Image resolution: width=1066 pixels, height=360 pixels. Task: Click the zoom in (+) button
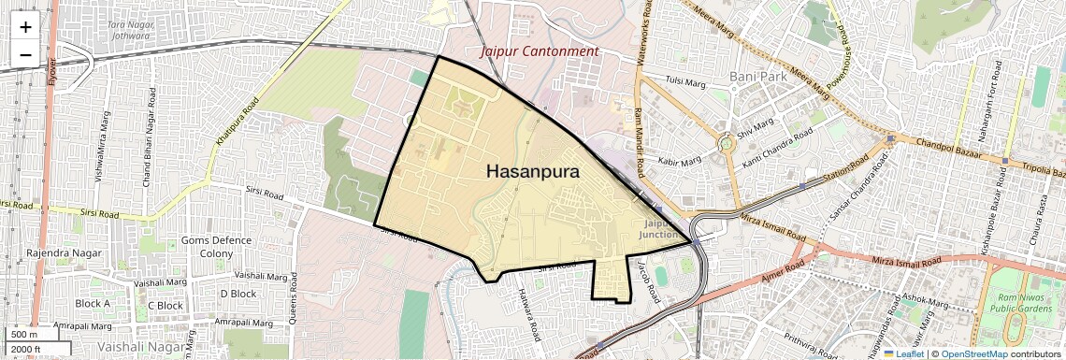click(x=25, y=27)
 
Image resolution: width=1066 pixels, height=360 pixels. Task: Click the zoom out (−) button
click(x=25, y=54)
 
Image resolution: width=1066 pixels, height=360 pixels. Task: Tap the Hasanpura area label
click(x=533, y=172)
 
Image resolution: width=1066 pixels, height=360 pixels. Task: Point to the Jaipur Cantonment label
click(x=539, y=51)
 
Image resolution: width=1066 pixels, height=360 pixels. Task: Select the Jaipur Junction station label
click(x=664, y=229)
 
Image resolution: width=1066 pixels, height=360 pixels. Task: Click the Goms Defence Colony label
click(x=216, y=247)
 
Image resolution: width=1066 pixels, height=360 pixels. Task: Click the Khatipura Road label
click(x=237, y=121)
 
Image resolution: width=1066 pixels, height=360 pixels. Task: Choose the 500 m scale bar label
click(x=24, y=335)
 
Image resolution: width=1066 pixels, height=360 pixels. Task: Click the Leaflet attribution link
click(x=903, y=353)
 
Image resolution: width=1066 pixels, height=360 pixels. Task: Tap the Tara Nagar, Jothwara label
click(x=128, y=29)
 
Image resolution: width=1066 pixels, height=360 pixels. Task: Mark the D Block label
click(x=237, y=294)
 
